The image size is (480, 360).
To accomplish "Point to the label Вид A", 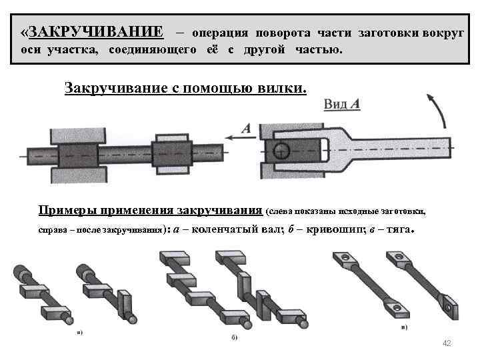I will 342,104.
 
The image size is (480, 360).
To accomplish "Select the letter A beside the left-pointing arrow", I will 245,129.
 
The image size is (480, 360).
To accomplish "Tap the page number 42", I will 447,343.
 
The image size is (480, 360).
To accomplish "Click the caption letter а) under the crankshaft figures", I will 79,331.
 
